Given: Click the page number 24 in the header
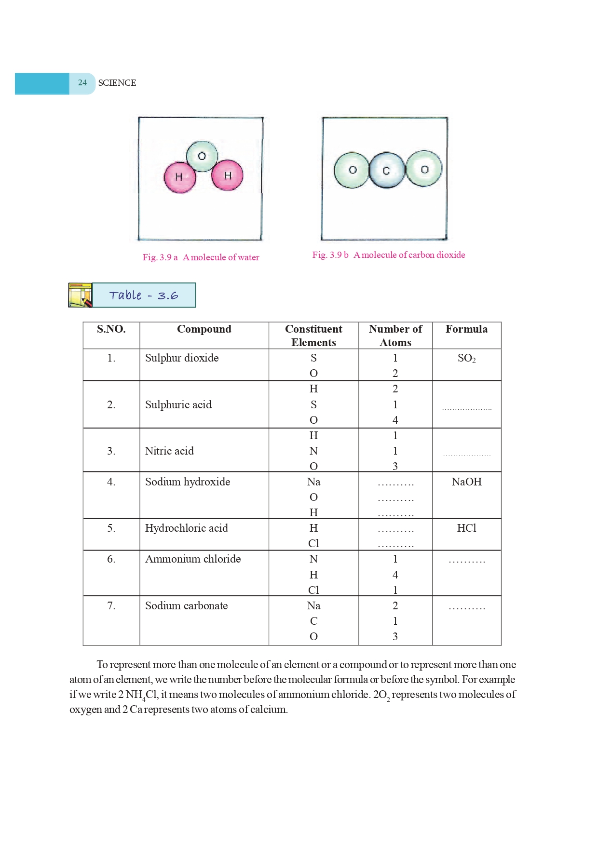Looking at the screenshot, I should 82,83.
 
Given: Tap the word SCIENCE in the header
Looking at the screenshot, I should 117,83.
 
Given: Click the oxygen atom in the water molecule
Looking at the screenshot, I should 202,156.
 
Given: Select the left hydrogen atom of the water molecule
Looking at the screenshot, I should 179,177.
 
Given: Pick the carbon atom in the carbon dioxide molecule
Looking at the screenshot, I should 386,170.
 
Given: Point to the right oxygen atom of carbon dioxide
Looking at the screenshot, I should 424,169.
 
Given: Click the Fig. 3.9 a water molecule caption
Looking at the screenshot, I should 201,257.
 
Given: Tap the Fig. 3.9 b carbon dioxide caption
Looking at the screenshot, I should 388,255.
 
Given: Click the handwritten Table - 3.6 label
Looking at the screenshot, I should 144,295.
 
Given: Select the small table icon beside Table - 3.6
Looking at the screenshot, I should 80,295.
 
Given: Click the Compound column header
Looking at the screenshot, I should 204,329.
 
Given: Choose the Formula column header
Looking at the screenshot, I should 466,329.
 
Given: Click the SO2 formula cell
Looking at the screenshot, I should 466,358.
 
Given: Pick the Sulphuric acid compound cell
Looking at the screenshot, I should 178,405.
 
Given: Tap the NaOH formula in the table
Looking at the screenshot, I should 466,482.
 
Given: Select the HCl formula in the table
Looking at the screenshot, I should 466,528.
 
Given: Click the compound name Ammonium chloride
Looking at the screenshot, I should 193,559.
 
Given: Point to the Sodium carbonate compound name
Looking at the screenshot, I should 186,606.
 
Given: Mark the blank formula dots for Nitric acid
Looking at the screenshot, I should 466,455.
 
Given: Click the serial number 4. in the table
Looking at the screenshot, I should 111,482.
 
